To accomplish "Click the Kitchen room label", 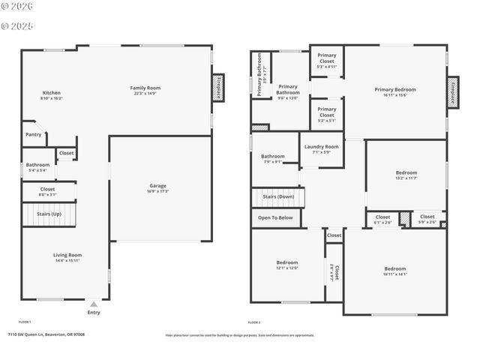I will point(52,93).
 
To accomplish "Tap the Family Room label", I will point(146,88).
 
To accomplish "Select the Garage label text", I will point(157,185).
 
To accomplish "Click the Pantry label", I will point(33,134).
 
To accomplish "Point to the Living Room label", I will point(67,255).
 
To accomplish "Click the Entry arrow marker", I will point(93,304).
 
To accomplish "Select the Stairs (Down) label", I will point(277,197).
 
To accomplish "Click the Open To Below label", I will point(275,217).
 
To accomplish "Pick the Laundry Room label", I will point(322,146).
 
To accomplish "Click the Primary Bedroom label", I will point(395,89).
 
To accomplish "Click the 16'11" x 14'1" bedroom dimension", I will point(395,274).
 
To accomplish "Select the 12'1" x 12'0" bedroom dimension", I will point(287,268).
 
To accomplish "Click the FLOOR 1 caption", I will point(25,322).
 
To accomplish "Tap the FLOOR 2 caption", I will point(254,322).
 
